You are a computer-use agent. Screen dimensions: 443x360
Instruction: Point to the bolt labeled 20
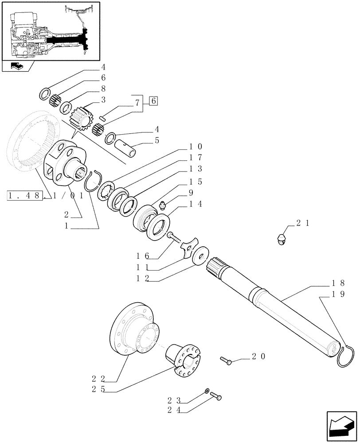click(226, 361)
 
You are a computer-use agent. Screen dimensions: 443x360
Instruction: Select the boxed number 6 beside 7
click(153, 101)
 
